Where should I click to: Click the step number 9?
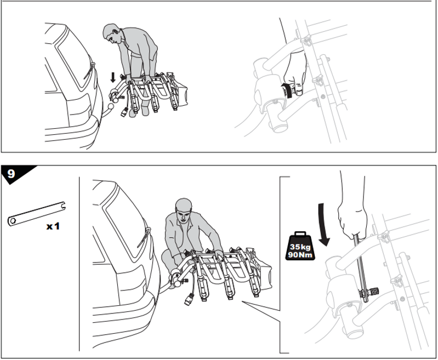11,174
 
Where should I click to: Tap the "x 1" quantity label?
53,226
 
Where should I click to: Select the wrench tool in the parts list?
37,214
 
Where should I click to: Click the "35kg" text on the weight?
300,247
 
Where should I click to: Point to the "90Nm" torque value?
300,255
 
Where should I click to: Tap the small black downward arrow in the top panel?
113,77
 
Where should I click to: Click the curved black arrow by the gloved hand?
287,90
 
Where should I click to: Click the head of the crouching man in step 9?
183,210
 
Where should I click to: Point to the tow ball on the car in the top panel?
111,107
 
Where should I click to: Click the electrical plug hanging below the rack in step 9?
189,299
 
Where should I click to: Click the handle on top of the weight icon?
300,234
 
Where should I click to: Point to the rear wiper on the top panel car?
89,71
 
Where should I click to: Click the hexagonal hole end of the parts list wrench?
13,221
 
